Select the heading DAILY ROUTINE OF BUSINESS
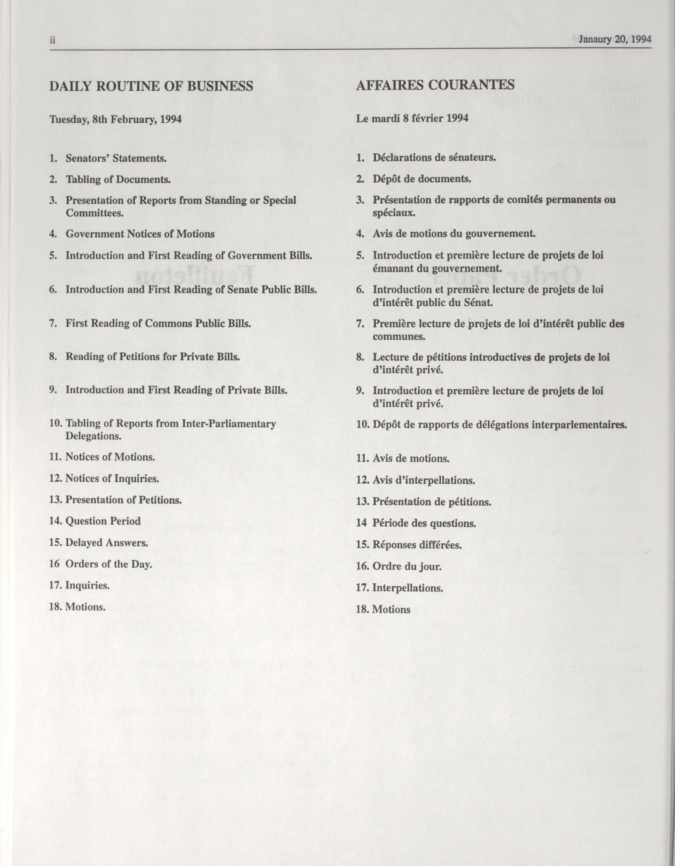pyautogui.click(x=151, y=86)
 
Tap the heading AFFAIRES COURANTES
pyautogui.click(x=435, y=85)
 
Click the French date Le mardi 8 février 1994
pyautogui.click(x=412, y=118)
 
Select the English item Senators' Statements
pyautogui.click(x=116, y=158)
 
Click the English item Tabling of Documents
pyautogui.click(x=118, y=180)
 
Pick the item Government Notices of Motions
pyautogui.click(x=140, y=234)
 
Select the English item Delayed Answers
pyautogui.click(x=107, y=542)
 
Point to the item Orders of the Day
pyautogui.click(x=109, y=564)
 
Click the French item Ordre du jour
pyautogui.click(x=407, y=566)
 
